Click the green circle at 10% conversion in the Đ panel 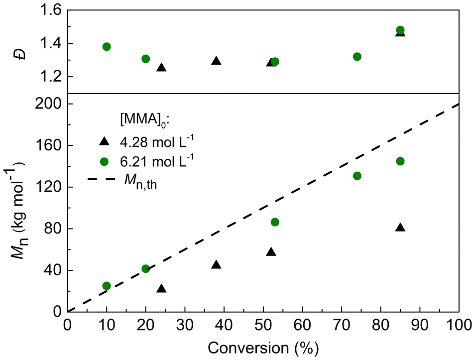point(106,47)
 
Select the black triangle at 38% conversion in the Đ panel point(216,61)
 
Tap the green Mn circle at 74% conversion point(357,176)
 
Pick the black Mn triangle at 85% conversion point(400,228)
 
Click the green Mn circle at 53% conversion point(275,222)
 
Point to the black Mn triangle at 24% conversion point(161,289)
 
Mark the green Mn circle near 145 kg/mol point(400,161)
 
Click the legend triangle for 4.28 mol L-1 point(104,141)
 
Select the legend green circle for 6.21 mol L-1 point(104,160)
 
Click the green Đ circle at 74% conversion point(357,57)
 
